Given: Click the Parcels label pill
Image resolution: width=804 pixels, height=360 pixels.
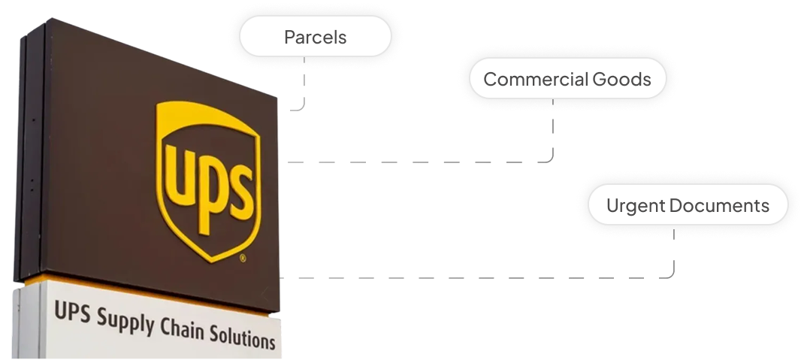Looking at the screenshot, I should (x=315, y=36).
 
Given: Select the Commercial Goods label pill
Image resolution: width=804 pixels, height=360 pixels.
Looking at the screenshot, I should (x=567, y=79).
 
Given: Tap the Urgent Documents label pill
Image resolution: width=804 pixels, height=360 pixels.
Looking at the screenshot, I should (x=688, y=205).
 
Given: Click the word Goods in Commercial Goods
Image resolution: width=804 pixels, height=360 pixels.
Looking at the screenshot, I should (x=621, y=79).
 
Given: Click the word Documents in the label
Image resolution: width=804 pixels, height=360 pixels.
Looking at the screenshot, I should (x=719, y=205).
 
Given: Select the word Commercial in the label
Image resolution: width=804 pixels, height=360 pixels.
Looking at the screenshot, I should (x=536, y=79).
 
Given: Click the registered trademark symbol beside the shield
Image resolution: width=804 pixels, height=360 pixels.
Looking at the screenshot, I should (x=242, y=258).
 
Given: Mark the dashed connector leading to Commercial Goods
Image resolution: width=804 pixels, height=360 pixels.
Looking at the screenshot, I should (x=421, y=162).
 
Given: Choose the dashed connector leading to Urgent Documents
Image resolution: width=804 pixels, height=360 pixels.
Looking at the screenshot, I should (x=481, y=277).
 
